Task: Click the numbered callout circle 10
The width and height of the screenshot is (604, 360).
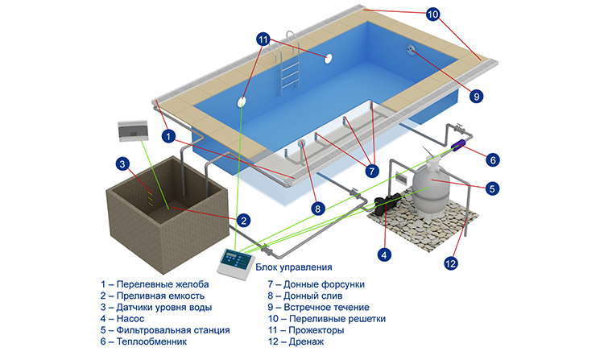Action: point(433,14)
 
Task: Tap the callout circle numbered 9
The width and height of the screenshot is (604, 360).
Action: point(477,96)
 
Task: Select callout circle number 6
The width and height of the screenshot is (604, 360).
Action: point(493,159)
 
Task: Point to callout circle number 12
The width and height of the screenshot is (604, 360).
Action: point(450,263)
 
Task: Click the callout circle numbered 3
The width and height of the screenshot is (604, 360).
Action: point(122,164)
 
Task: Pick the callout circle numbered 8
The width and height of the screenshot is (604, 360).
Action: point(318,209)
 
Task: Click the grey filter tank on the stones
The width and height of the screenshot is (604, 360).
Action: point(431,187)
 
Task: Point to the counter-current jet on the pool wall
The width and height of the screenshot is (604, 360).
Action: point(411,49)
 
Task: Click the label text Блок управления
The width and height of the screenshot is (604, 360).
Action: point(294,267)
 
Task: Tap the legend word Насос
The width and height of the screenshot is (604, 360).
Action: point(130,319)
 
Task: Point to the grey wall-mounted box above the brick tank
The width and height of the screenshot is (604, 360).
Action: point(133,131)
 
